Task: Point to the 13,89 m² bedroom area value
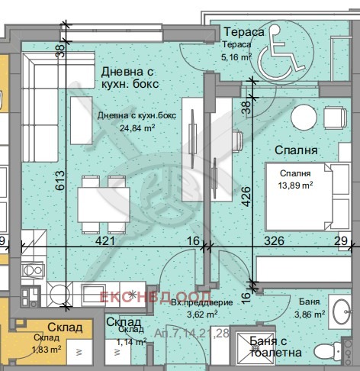[294, 184]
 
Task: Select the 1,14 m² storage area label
[131, 343]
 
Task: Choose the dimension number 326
[275, 241]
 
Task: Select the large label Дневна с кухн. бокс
[132, 79]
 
